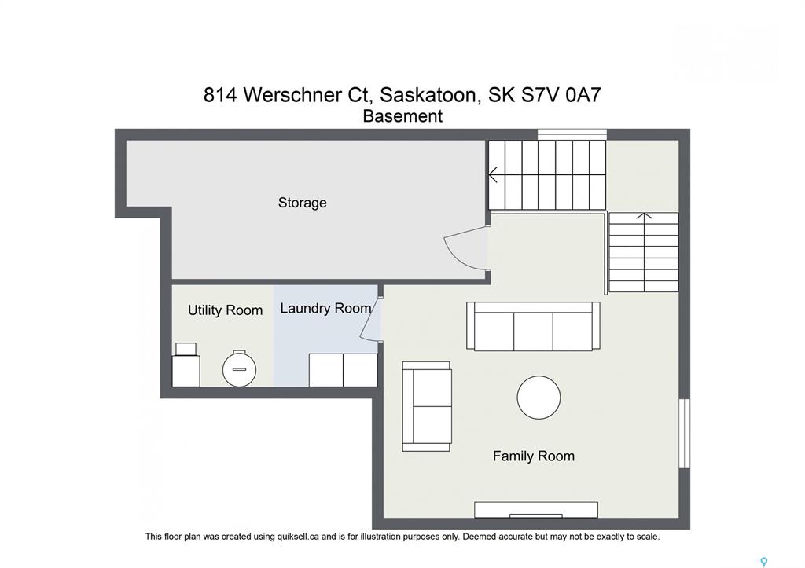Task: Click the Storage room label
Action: coord(302,203)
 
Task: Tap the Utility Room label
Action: coord(225,310)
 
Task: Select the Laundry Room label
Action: coord(325,309)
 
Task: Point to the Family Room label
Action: coord(534,456)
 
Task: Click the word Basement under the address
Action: coord(402,116)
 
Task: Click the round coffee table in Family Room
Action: coord(539,398)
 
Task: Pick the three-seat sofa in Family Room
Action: coord(533,326)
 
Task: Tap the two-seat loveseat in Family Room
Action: coord(427,406)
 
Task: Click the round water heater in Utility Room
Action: coord(239,368)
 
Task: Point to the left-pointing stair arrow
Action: coord(493,174)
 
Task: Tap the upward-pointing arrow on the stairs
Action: coord(644,217)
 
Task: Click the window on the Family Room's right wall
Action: coord(685,434)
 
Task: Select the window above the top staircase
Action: coord(572,134)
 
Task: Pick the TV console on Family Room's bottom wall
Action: coord(536,510)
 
